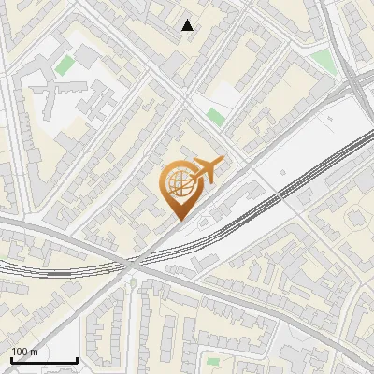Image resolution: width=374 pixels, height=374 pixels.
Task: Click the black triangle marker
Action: pyautogui.click(x=188, y=25)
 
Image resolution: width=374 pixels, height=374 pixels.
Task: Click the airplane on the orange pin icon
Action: pyautogui.click(x=207, y=171)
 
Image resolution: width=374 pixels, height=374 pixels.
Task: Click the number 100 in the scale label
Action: pyautogui.click(x=21, y=352)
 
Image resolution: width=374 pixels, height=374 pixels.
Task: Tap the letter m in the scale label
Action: pyautogui.click(x=36, y=352)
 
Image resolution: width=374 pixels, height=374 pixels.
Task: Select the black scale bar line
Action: pyautogui.click(x=43, y=361)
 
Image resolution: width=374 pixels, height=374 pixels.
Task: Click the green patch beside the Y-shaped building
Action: pyautogui.click(x=65, y=65)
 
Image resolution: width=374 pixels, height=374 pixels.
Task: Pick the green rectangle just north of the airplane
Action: pyautogui.click(x=216, y=118)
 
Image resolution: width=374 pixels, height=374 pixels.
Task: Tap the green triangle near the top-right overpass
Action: pyautogui.click(x=323, y=62)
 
